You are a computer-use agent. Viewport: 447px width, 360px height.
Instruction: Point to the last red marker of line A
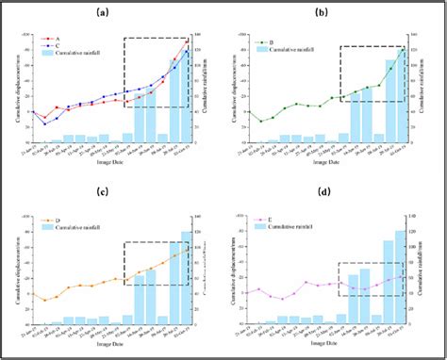click(x=186, y=41)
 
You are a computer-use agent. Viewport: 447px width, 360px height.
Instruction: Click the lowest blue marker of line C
click(x=44, y=124)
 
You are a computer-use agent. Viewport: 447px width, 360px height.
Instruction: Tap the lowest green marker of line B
click(x=261, y=121)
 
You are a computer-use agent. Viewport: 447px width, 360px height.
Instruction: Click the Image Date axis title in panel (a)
click(x=114, y=173)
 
